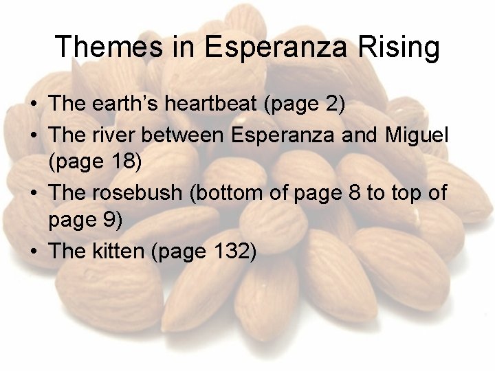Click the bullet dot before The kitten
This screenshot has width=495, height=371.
(34, 252)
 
